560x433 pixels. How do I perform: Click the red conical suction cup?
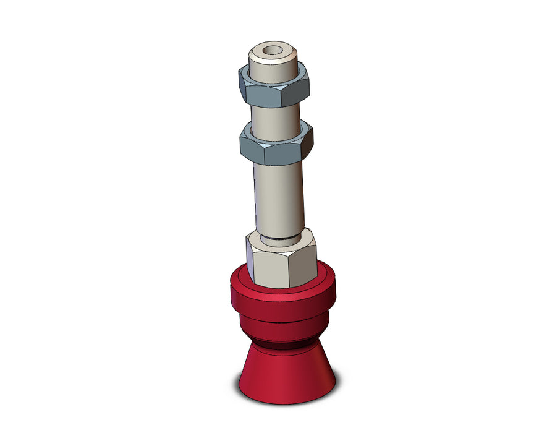coord(287,374)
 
